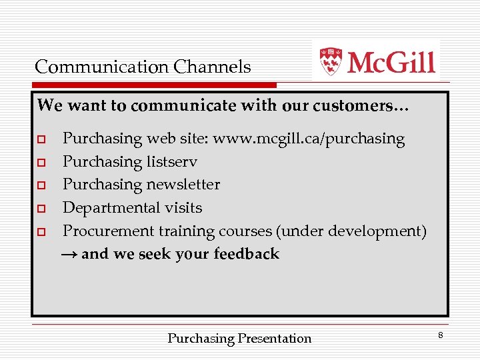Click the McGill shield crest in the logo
pos(331,61)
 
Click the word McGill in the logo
pos(391,62)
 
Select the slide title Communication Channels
pos(143,67)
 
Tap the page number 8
pos(440,335)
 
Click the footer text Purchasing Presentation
pos(239,339)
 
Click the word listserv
pos(172,162)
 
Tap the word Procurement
pos(108,231)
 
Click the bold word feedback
pos(246,254)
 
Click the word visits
pos(183,208)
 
